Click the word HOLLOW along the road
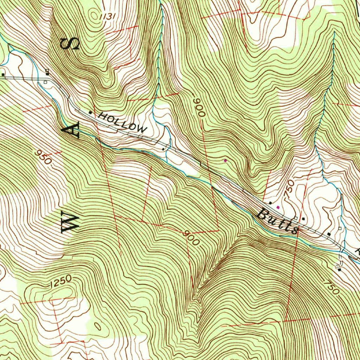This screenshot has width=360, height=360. pyautogui.click(x=122, y=122)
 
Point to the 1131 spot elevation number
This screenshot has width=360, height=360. pyautogui.click(x=107, y=16)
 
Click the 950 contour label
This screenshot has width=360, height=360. pyautogui.click(x=44, y=157)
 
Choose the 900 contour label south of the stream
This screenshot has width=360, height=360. pyautogui.click(x=192, y=238)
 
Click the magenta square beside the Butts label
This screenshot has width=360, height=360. pyautogui.click(x=278, y=207)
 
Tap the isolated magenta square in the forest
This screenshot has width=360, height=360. pyautogui.click(x=225, y=161)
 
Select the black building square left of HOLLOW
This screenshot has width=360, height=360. pyautogui.click(x=91, y=112)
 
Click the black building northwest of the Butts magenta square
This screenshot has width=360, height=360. pyautogui.click(x=270, y=203)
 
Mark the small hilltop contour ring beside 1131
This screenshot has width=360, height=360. pyautogui.click(x=94, y=15)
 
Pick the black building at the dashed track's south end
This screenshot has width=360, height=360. pyautogui.click(x=339, y=270)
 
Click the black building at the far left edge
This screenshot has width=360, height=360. pyautogui.click(x=3, y=75)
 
